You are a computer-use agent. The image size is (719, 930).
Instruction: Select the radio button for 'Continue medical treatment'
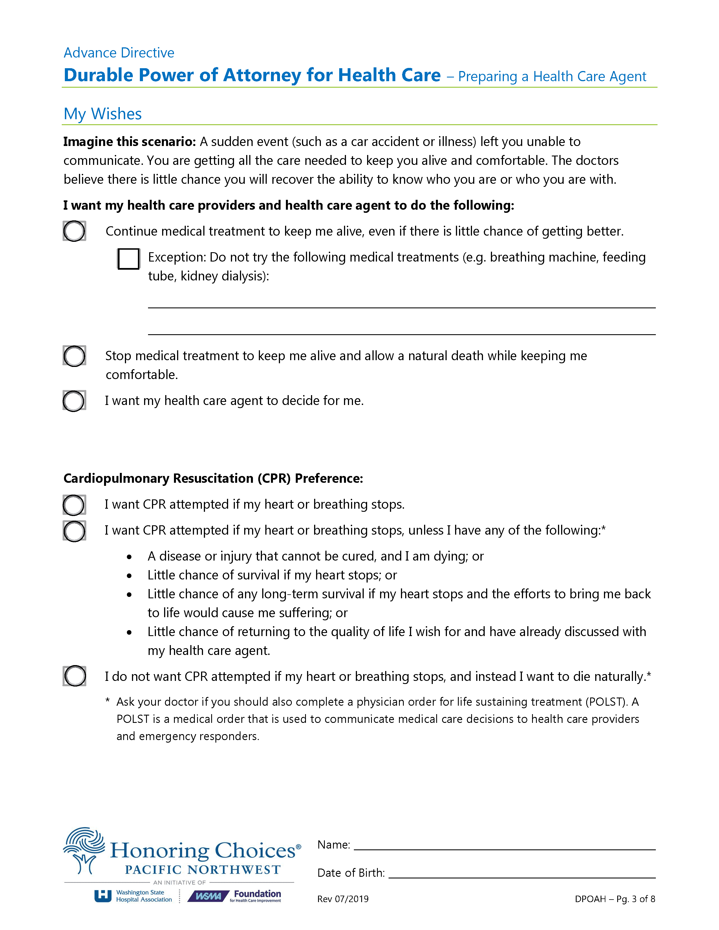click(x=74, y=231)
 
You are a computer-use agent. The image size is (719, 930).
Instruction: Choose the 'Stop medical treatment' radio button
click(x=74, y=356)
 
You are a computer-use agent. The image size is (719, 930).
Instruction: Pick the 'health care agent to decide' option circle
click(x=74, y=401)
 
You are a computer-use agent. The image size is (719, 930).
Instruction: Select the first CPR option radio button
click(x=74, y=505)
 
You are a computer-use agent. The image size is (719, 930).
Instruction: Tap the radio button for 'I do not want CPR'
click(x=74, y=676)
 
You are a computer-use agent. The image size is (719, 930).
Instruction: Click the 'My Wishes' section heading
click(x=102, y=114)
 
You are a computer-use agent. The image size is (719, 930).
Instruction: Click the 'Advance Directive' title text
click(x=119, y=53)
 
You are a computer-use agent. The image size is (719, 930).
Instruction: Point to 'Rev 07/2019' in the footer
click(x=343, y=899)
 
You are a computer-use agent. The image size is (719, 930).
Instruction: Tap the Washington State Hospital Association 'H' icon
click(x=103, y=896)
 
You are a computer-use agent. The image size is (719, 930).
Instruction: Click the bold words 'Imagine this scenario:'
click(x=129, y=142)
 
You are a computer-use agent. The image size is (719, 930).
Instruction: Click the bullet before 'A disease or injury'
click(x=129, y=557)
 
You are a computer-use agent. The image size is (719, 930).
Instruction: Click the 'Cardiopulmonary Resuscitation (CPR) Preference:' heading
click(x=213, y=479)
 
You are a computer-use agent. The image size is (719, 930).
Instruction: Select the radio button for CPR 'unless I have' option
click(x=74, y=531)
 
